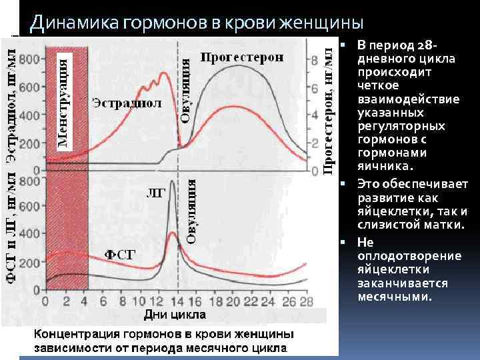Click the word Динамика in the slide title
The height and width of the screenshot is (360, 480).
click(73, 23)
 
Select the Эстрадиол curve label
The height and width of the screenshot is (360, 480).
click(127, 103)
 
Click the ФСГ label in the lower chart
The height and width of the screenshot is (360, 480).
click(121, 254)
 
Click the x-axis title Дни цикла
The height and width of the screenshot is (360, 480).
click(175, 313)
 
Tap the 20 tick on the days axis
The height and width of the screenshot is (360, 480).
click(231, 300)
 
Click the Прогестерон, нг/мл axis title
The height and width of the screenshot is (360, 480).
click(329, 107)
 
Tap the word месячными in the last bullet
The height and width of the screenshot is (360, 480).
click(394, 297)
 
